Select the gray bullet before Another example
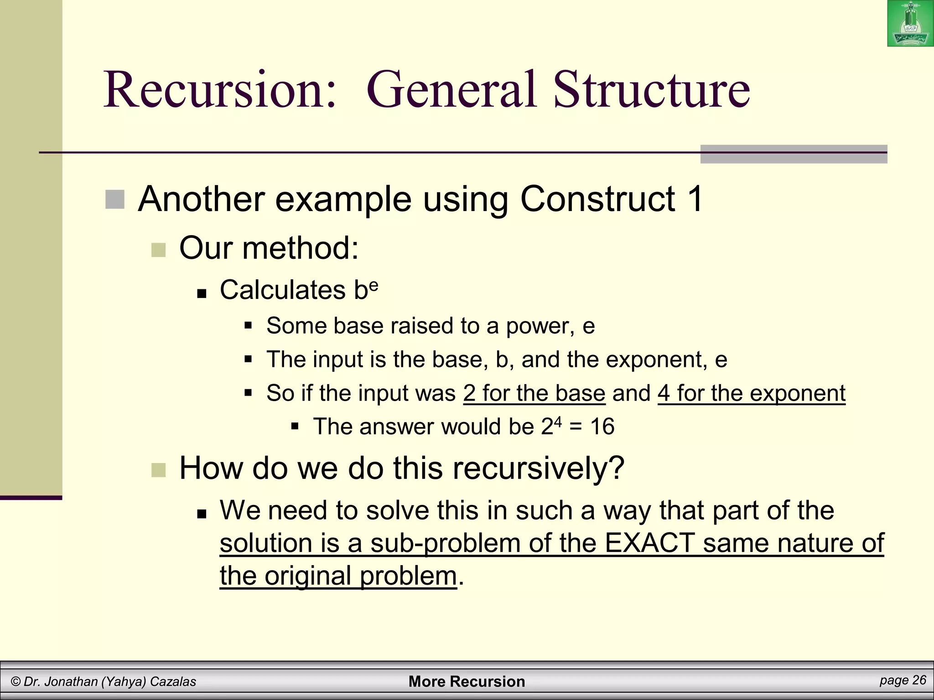pyautogui.click(x=115, y=200)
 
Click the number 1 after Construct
pyautogui.click(x=695, y=200)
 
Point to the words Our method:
pyautogui.click(x=269, y=248)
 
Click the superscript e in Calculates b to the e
pyautogui.click(x=374, y=284)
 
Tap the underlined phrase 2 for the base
pyautogui.click(x=534, y=393)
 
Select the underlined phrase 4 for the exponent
pyautogui.click(x=751, y=393)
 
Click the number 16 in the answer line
pyautogui.click(x=602, y=427)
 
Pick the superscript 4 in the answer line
pyautogui.click(x=557, y=422)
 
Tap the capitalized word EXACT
pyautogui.click(x=649, y=543)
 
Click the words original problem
pyautogui.click(x=360, y=576)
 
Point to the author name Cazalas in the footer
pyautogui.click(x=173, y=682)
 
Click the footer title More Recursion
pyautogui.click(x=467, y=682)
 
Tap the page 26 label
pyautogui.click(x=903, y=680)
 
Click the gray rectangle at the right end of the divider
pyautogui.click(x=794, y=154)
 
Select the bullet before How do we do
pyautogui.click(x=158, y=470)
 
